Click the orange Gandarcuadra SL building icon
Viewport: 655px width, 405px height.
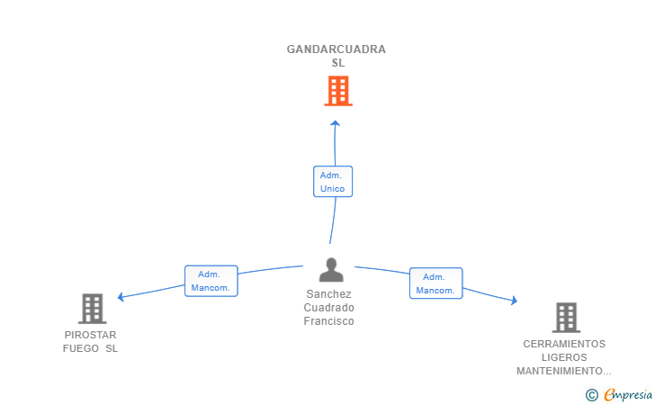click(x=337, y=91)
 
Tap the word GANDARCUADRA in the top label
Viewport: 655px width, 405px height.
click(x=336, y=49)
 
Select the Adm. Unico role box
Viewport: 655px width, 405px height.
click(x=333, y=182)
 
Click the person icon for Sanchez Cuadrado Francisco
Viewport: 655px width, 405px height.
click(x=331, y=270)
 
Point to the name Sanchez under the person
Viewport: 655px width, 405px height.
click(x=328, y=294)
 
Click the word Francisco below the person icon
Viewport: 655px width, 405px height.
click(x=328, y=321)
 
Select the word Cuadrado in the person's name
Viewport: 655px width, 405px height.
click(x=328, y=308)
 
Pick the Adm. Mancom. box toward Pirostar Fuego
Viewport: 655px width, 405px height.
click(x=211, y=281)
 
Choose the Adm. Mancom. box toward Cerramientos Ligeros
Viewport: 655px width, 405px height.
click(x=435, y=283)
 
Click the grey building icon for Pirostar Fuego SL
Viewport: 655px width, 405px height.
click(x=92, y=309)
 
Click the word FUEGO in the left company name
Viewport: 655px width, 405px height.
click(x=81, y=348)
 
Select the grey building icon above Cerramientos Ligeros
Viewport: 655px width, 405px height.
click(x=565, y=317)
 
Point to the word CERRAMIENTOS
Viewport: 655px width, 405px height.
click(x=564, y=344)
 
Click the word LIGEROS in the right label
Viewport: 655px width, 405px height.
click(x=564, y=357)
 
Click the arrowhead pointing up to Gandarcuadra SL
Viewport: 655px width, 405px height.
click(x=335, y=123)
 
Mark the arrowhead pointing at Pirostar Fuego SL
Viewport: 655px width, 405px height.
click(x=121, y=296)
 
